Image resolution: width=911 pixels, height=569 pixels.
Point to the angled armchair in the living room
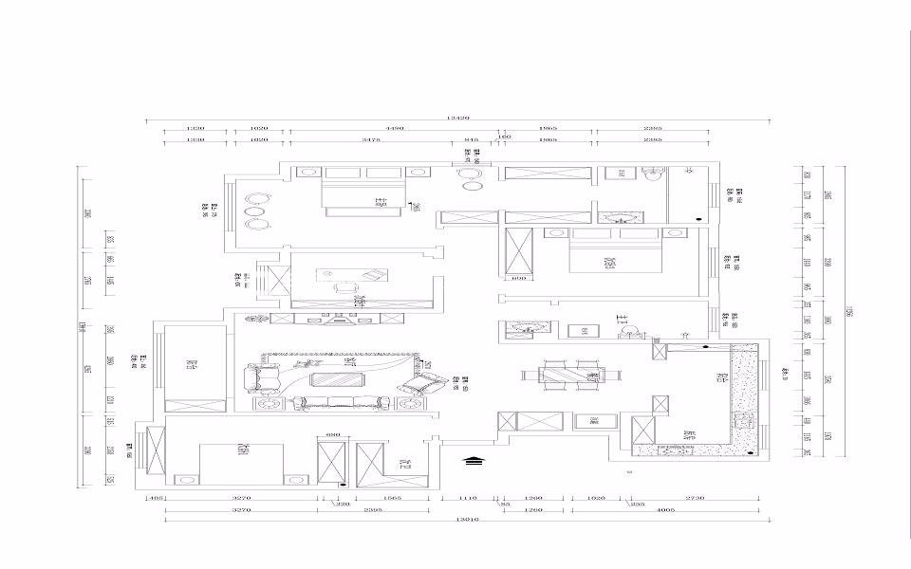click(423, 384)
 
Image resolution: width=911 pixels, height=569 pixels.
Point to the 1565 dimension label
click(392, 497)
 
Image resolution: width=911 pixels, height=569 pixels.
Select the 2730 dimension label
click(695, 497)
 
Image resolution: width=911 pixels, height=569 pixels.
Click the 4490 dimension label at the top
click(395, 128)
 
